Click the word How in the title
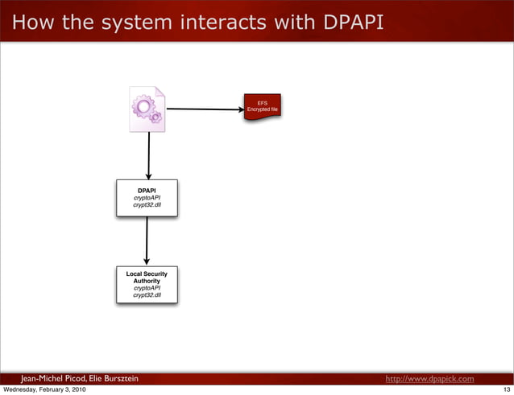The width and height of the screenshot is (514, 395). pos(29,24)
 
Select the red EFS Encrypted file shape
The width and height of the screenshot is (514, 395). pos(263,108)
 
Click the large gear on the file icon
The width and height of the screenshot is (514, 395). pos(144,105)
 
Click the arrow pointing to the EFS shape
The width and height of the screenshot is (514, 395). pos(205,109)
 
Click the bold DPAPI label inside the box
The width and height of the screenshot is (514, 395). pos(147,191)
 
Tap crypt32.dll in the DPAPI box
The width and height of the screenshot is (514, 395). pos(147,206)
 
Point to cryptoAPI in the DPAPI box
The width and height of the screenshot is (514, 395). pos(147,199)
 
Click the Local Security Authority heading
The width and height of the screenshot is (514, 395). pos(147,278)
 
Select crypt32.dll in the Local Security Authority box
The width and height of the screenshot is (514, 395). pos(147,295)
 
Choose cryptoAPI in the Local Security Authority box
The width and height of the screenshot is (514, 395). pos(147,288)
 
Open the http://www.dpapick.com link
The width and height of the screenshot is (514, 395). pos(429,378)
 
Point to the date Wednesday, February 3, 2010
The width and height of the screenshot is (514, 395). pos(44,389)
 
